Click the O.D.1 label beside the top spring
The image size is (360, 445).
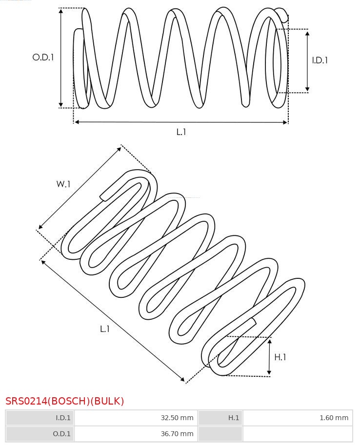click(x=43, y=58)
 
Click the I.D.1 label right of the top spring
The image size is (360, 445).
click(x=320, y=60)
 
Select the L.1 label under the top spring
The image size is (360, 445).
click(x=181, y=132)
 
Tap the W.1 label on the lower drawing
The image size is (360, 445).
click(x=63, y=184)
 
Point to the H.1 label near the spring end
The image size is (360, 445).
click(x=280, y=357)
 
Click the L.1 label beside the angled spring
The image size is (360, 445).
click(x=105, y=329)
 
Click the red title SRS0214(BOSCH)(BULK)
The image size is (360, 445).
click(x=65, y=401)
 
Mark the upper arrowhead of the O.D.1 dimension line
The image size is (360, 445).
click(x=61, y=10)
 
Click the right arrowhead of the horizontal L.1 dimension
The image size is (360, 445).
click(x=285, y=122)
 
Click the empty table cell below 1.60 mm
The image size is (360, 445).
click(x=298, y=433)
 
